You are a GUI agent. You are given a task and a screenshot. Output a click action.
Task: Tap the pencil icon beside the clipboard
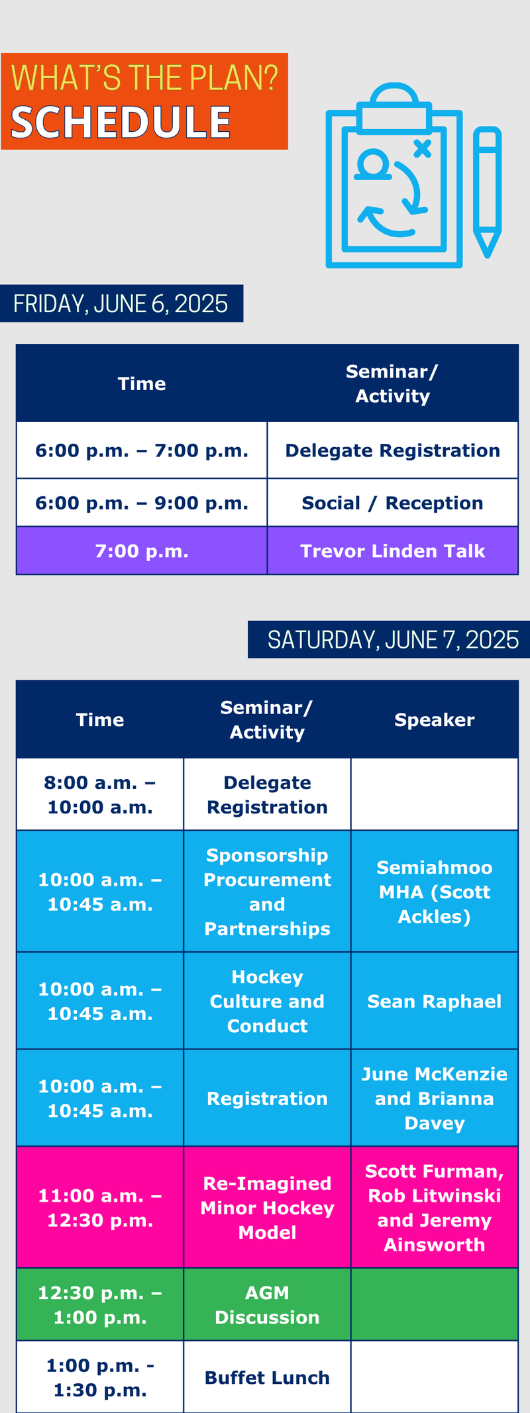coord(487,192)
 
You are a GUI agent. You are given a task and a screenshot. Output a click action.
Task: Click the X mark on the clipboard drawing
coord(422,148)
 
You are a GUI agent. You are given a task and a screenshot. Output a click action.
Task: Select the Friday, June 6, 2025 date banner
coord(121,303)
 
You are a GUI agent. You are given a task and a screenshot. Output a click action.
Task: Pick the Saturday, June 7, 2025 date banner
coord(389,639)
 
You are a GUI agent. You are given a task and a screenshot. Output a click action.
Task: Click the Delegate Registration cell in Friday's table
coord(393,450)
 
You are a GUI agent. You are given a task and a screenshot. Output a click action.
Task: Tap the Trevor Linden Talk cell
coord(393,551)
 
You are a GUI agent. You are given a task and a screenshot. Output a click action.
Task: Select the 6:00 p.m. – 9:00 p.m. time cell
coord(142,503)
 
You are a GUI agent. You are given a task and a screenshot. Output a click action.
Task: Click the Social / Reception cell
coord(393,503)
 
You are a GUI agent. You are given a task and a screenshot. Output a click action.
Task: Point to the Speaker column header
coord(435,719)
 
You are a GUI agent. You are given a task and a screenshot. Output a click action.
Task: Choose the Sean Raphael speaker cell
coord(435,1001)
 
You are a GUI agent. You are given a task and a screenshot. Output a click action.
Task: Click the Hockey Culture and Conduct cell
coord(267,1001)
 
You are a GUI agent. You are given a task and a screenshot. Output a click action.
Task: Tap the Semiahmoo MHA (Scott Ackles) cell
coord(435,892)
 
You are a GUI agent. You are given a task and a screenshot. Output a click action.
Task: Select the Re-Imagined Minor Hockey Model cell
coord(267,1208)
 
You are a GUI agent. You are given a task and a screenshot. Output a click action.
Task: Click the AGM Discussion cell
coord(267,1305)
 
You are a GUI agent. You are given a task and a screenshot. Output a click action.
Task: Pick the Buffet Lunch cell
coord(267,1377)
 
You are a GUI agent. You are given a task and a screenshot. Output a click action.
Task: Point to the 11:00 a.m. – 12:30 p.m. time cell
coord(100,1208)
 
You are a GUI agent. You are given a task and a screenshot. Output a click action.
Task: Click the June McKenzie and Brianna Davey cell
coord(435,1098)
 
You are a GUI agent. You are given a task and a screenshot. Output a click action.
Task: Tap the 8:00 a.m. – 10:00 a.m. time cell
coord(100,794)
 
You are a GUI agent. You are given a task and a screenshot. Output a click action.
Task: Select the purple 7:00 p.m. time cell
coord(142,551)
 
